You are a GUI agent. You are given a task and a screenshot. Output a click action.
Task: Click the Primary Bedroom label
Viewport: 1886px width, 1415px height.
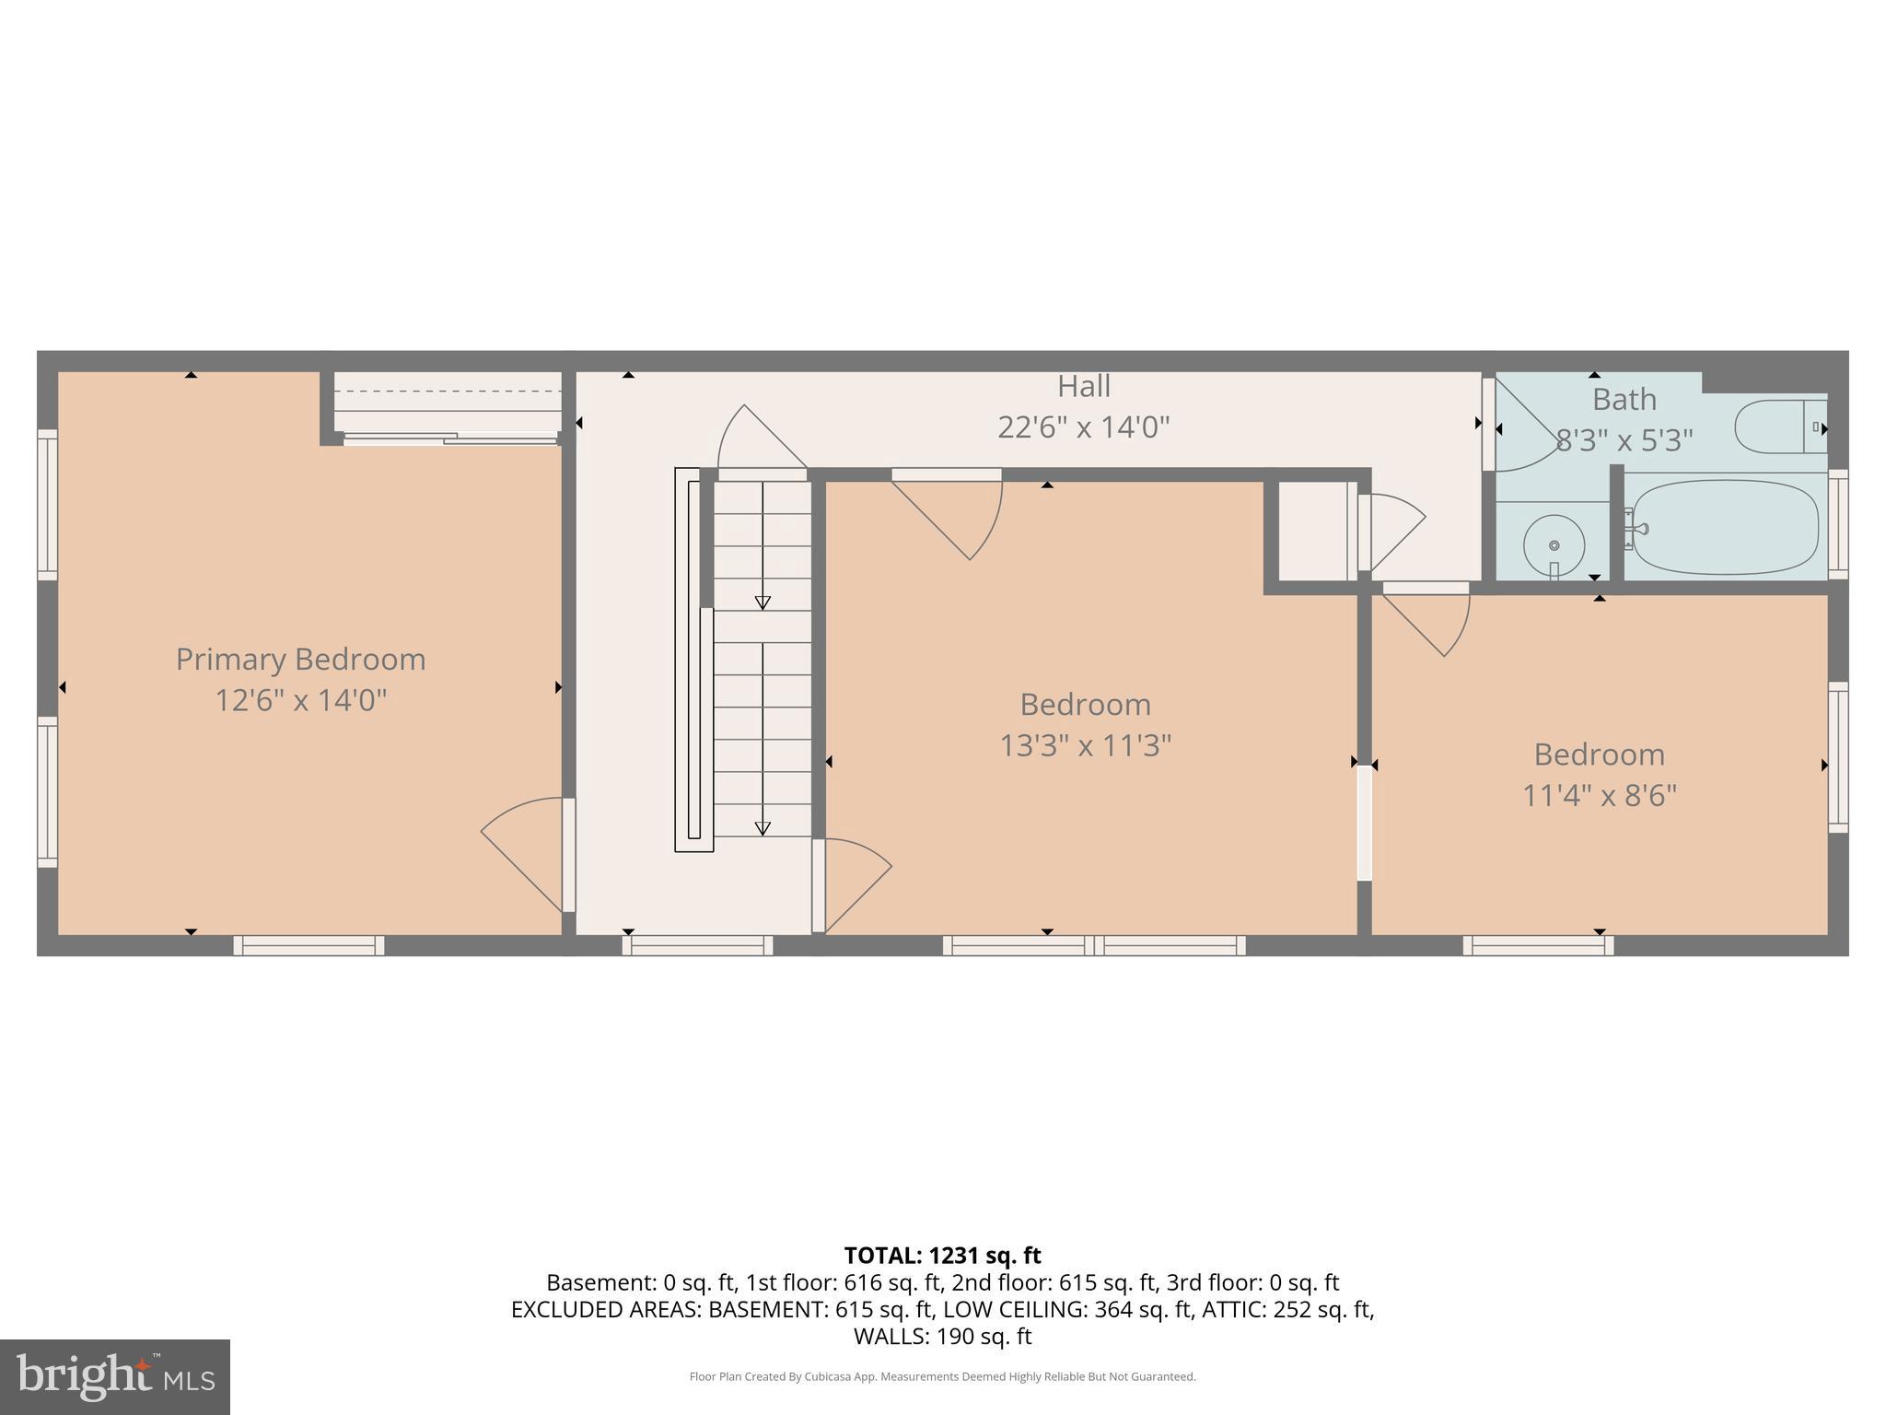(300, 660)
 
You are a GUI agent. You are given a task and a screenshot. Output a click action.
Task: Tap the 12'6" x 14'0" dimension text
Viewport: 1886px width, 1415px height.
(300, 701)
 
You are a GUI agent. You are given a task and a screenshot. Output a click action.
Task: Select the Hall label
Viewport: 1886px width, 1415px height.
(1083, 386)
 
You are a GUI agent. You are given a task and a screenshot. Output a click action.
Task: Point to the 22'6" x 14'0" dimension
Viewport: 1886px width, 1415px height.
(1083, 427)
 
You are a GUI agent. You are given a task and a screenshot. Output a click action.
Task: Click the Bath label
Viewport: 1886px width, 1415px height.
(1624, 400)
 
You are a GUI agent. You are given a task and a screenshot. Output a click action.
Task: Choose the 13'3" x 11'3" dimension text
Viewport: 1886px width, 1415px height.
(1085, 745)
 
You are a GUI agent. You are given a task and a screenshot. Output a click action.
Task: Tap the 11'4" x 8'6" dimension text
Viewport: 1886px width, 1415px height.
(1599, 795)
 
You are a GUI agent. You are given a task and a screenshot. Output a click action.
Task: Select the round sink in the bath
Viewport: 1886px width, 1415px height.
(1554, 544)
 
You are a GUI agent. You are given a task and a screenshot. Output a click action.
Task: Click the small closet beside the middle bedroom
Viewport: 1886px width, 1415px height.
(1312, 532)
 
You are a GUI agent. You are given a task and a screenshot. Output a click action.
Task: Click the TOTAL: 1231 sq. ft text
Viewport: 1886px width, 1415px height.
(942, 1256)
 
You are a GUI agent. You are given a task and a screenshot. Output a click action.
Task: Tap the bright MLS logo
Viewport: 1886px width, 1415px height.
(114, 1376)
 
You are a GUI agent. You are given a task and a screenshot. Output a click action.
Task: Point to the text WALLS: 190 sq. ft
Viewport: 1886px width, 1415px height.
(942, 1337)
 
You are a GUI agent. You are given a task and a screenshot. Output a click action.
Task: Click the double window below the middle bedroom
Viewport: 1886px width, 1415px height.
(1093, 945)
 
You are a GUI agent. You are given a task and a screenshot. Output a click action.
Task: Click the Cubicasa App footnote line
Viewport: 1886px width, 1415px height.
(942, 1376)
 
